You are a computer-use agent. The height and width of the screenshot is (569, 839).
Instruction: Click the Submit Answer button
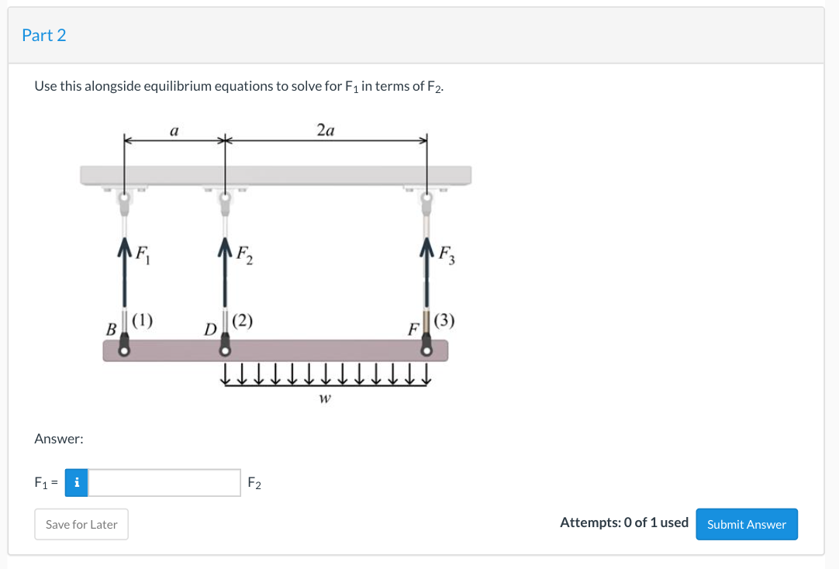[746, 524]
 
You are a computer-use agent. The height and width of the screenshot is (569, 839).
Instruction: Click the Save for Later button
[81, 524]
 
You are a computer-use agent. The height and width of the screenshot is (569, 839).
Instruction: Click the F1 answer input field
[164, 483]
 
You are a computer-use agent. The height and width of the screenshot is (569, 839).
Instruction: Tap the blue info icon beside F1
[76, 483]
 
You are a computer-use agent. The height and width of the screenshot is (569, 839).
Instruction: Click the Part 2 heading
[44, 35]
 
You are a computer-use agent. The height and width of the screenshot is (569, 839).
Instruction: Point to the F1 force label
[141, 253]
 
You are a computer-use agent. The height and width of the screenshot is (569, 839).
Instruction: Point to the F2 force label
[243, 253]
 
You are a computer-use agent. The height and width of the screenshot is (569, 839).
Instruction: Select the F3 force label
[446, 253]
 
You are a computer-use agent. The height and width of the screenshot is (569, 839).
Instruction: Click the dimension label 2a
[326, 131]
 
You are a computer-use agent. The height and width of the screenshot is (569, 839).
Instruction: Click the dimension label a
[174, 132]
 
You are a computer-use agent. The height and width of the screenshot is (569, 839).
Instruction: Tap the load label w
[325, 399]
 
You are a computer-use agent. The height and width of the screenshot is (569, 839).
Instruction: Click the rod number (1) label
[143, 319]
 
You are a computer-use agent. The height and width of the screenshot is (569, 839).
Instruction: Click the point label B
[111, 329]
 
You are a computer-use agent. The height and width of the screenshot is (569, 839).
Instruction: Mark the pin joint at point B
[124, 350]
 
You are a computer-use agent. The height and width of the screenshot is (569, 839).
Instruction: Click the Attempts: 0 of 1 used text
[623, 522]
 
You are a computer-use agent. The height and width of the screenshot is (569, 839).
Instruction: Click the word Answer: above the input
[59, 439]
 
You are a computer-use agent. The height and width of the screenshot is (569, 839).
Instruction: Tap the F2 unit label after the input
[254, 484]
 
